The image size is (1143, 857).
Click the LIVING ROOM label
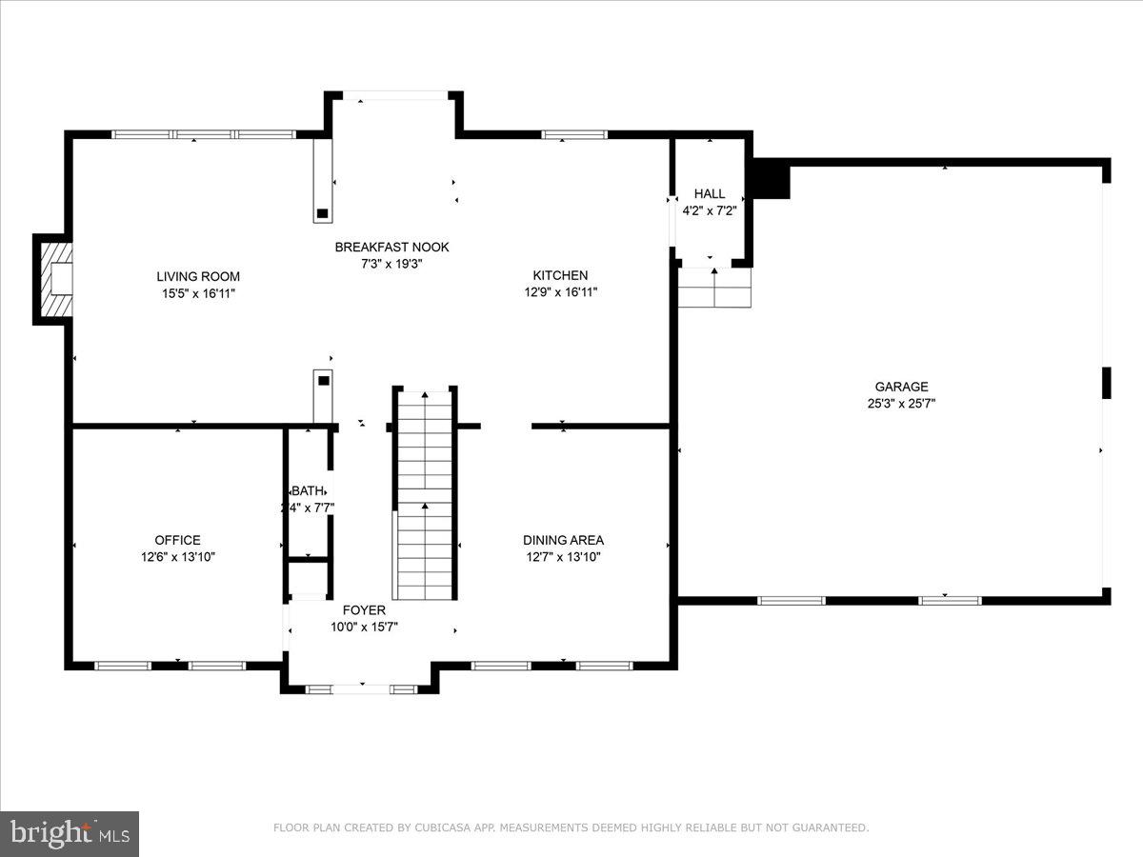tap(198, 276)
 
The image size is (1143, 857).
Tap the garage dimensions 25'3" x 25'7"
tap(901, 403)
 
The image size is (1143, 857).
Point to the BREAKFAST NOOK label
tap(391, 247)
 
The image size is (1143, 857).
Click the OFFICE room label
tap(177, 540)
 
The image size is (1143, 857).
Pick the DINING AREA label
tap(563, 540)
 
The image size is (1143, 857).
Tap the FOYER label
tap(364, 609)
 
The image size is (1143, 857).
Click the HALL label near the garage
tap(710, 193)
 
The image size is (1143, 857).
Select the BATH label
tap(309, 490)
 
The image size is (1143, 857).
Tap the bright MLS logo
tap(70, 833)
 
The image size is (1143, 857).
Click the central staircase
tap(424, 495)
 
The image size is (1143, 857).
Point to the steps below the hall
tap(714, 288)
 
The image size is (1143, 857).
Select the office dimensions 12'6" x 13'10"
tap(177, 557)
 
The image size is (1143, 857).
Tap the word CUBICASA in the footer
tap(441, 828)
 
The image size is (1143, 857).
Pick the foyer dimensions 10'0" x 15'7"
tap(364, 627)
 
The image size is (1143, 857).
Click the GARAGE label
tap(901, 386)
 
